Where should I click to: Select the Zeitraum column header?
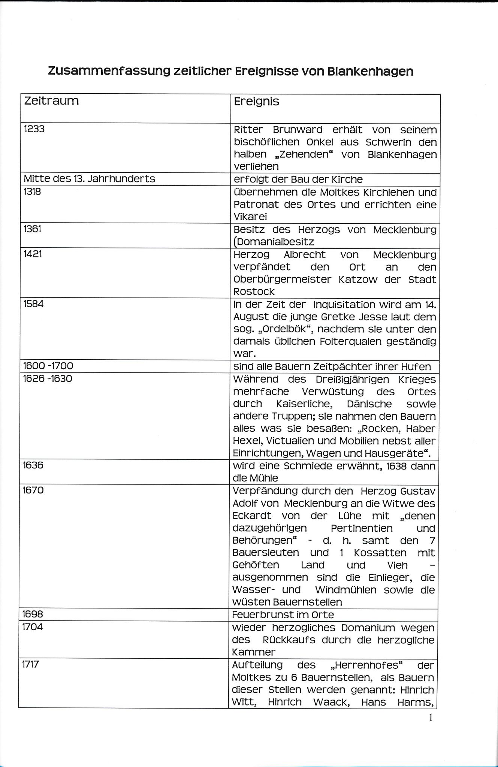(51, 101)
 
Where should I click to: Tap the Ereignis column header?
(257, 102)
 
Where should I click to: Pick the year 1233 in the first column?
(34, 129)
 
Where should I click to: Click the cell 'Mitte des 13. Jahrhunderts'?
(89, 179)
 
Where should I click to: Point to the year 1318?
(32, 191)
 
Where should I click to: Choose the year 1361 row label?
(33, 229)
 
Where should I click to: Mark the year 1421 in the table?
(33, 254)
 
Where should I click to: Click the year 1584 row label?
(33, 304)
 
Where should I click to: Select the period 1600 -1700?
(48, 366)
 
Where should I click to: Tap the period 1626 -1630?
(48, 378)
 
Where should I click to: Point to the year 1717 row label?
(31, 664)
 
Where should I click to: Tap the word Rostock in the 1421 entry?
(254, 292)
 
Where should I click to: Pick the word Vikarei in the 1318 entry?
(250, 217)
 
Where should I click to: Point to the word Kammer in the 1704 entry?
(254, 652)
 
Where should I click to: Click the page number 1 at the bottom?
(431, 718)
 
